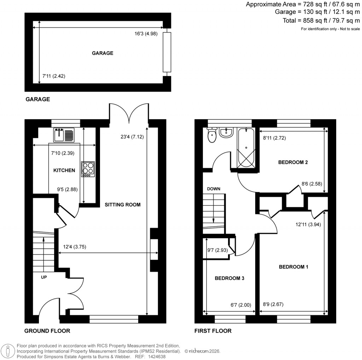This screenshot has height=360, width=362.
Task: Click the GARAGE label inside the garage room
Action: point(103,53)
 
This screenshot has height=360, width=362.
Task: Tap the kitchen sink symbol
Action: point(64,134)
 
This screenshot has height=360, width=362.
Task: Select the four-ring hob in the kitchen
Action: point(88,169)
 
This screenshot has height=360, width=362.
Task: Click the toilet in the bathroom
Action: point(212,135)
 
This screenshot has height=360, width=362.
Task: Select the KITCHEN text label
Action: point(64,170)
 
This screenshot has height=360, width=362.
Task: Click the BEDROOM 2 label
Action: point(293,163)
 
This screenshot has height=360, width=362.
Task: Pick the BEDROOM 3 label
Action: point(229,278)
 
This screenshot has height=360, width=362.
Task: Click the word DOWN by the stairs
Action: point(214,189)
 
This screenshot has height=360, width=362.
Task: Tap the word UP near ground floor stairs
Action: point(44,277)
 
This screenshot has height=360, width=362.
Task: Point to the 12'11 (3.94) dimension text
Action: point(308,224)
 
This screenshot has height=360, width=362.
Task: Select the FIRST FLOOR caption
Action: point(213,331)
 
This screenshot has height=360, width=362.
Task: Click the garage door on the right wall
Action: point(167,52)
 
